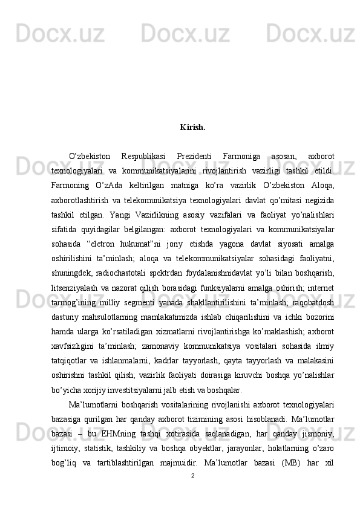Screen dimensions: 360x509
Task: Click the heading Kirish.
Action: (192, 128)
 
